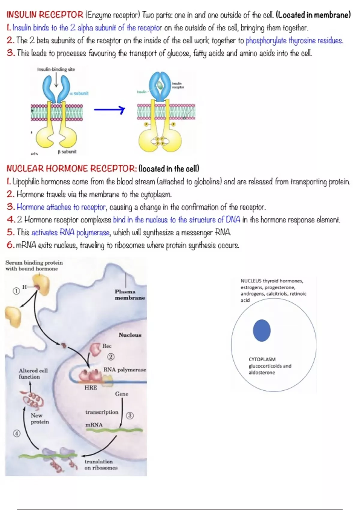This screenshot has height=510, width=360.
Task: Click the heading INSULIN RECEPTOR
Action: [45, 15]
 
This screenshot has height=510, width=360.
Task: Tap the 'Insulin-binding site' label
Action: [56, 69]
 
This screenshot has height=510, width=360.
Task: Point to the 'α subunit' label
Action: [79, 93]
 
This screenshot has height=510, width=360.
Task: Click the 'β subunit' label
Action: [67, 151]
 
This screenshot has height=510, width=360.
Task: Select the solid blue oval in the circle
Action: [262, 330]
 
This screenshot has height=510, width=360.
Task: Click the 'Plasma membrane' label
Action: [130, 295]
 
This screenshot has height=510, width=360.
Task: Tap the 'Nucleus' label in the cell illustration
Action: [130, 335]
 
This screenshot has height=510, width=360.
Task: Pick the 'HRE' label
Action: [91, 388]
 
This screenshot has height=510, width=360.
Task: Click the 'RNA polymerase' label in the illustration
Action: [125, 370]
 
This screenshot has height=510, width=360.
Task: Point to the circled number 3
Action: [130, 415]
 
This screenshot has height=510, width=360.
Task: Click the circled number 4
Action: [17, 433]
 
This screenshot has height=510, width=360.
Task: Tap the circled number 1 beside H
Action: [16, 291]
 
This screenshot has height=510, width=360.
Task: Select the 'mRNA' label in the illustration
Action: [94, 425]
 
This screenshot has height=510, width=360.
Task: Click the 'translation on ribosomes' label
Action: [101, 464]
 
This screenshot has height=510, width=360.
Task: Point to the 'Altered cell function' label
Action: [33, 373]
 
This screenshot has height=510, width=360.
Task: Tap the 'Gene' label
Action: [121, 394]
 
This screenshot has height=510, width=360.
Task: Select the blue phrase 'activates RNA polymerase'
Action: [71, 232]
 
